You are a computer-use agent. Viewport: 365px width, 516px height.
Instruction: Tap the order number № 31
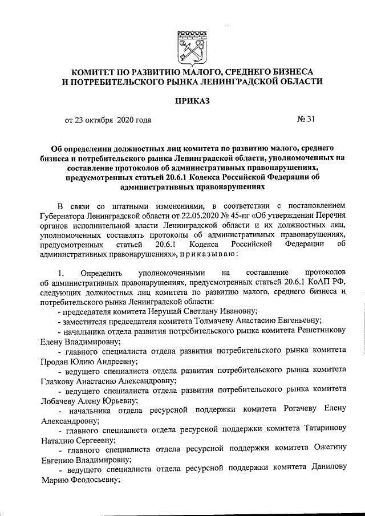306,120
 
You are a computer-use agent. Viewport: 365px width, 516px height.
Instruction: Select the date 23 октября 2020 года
113,120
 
